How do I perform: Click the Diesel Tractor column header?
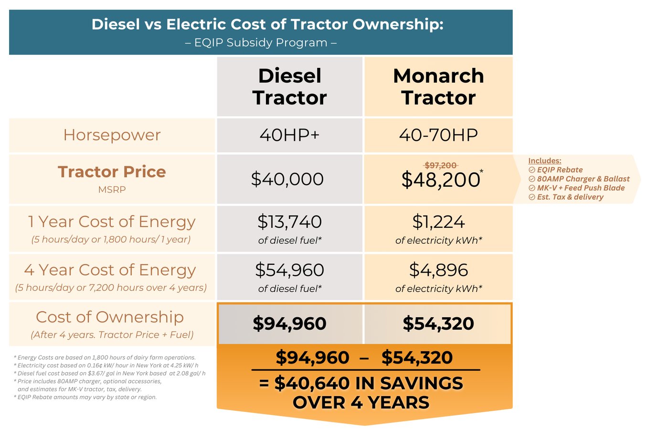289,86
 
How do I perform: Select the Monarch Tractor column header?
438,86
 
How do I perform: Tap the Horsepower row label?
112,135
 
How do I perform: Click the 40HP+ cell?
289,135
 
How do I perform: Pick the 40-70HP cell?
438,135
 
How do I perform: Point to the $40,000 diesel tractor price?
287,179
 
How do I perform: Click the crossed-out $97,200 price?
441,165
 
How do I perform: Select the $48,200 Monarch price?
440,180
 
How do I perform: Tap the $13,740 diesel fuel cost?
289,222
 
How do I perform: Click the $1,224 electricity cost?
438,222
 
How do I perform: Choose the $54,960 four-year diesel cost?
289,270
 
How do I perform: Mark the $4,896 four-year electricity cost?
438,270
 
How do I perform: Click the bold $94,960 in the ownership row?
289,323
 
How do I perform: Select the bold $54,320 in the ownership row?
438,323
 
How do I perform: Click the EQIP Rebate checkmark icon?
532,170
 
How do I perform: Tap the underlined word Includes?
544,161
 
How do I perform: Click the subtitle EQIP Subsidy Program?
261,43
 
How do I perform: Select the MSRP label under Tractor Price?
112,190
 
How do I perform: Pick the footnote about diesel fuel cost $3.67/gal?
110,373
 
